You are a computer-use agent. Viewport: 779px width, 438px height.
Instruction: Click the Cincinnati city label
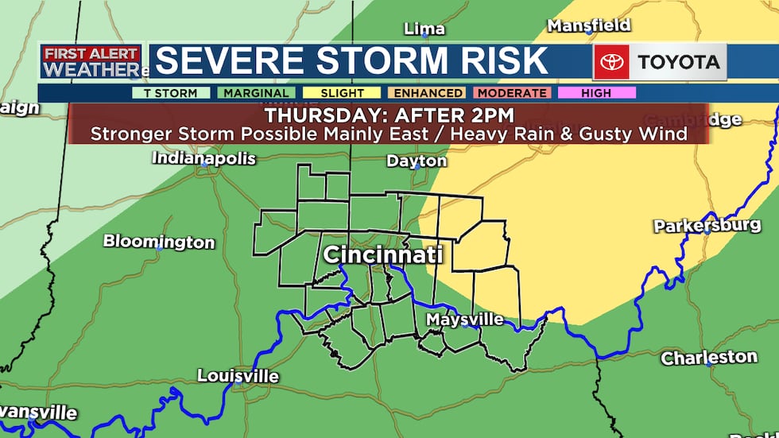click(382, 256)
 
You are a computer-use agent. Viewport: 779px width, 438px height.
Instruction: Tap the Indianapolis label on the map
click(203, 158)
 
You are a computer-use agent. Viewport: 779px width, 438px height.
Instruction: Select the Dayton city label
click(417, 161)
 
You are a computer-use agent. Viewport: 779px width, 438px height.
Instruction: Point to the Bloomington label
click(159, 242)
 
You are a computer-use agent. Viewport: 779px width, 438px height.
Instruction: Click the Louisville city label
click(238, 375)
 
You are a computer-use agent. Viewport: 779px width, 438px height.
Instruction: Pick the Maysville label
click(465, 320)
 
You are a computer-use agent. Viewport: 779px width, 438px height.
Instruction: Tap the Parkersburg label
click(707, 226)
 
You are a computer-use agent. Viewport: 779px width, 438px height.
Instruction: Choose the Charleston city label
click(709, 358)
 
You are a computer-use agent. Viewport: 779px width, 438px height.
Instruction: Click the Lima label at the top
click(424, 29)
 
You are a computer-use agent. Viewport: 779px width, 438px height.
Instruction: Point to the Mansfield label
click(589, 25)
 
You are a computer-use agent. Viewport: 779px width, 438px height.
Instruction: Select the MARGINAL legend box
click(256, 93)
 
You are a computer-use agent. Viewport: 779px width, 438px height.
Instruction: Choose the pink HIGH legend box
click(596, 93)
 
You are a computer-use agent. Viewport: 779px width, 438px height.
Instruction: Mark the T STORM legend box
click(171, 93)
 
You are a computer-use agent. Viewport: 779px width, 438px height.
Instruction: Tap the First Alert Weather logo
click(91, 62)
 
